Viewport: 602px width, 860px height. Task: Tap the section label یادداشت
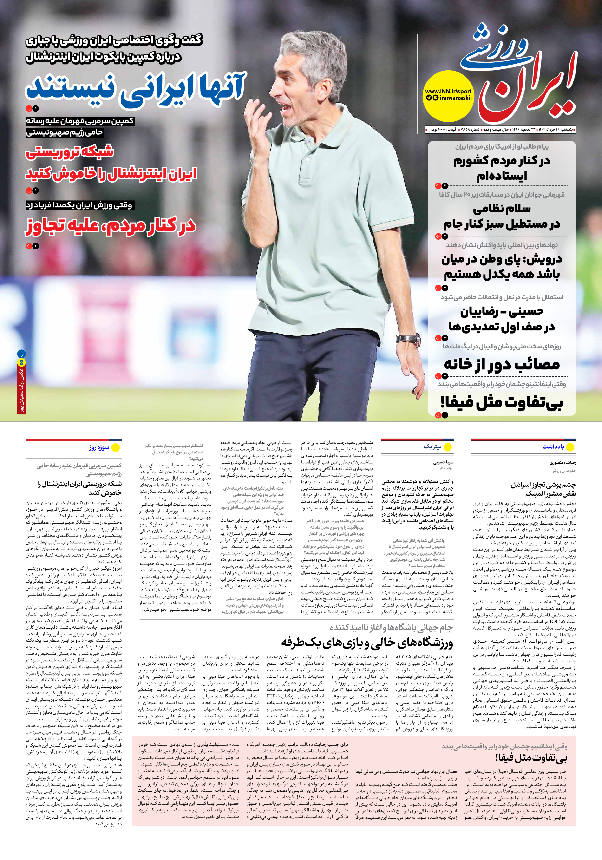[553, 446]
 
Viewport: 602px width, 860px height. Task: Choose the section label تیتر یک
[433, 446]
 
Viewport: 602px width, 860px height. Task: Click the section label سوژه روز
[99, 447]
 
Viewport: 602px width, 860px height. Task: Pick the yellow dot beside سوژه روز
[116, 447]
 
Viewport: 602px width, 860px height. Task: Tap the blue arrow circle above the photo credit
[21, 354]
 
